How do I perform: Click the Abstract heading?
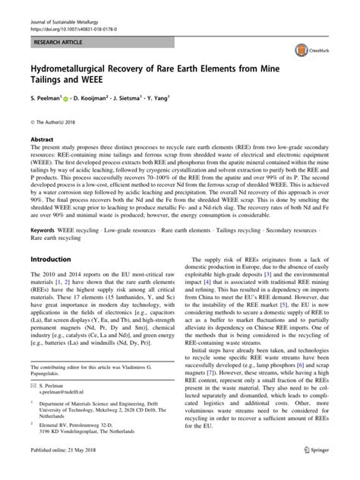click(42, 140)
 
